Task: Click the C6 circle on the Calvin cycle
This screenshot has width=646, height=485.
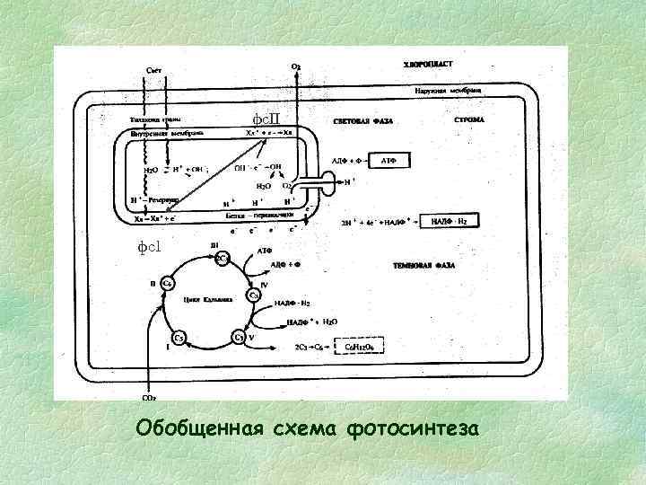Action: click(167, 282)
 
